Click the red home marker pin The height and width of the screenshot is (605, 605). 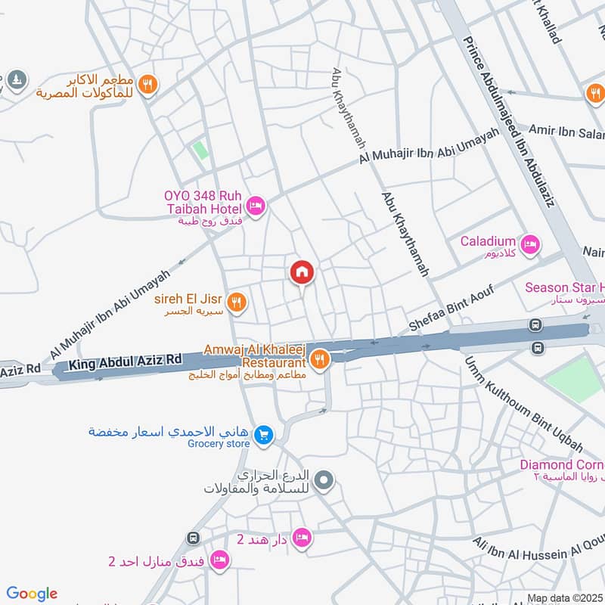(x=302, y=271)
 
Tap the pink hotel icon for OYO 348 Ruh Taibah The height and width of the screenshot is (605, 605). (x=256, y=206)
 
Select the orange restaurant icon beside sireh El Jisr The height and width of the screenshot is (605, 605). (x=237, y=302)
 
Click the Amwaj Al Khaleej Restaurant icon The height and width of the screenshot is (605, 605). (x=321, y=358)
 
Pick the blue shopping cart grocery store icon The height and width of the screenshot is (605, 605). (x=264, y=434)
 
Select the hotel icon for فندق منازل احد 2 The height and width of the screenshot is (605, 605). (x=220, y=560)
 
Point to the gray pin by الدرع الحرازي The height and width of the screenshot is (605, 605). (x=324, y=479)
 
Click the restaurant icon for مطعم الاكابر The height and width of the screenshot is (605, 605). (x=148, y=85)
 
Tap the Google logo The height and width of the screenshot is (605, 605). (x=32, y=594)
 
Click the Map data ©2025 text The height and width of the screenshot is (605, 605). (x=564, y=598)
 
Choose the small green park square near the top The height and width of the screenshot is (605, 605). (x=200, y=149)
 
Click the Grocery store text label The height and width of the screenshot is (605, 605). (x=218, y=444)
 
